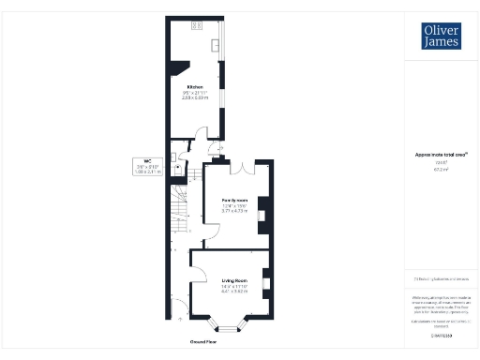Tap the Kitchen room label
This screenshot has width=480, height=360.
click(x=195, y=86)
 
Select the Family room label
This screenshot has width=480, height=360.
click(x=233, y=201)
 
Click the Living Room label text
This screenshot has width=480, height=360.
click(x=234, y=280)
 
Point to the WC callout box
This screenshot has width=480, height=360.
click(x=148, y=166)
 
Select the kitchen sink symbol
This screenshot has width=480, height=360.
click(x=217, y=44)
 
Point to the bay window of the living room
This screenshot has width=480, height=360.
click(x=231, y=327)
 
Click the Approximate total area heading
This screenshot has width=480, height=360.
click(x=441, y=155)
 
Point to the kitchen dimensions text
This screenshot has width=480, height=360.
click(x=195, y=96)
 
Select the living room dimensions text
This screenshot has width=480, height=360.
click(x=234, y=290)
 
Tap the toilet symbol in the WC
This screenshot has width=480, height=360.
click(x=174, y=157)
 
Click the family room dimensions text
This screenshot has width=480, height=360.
click(x=233, y=210)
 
